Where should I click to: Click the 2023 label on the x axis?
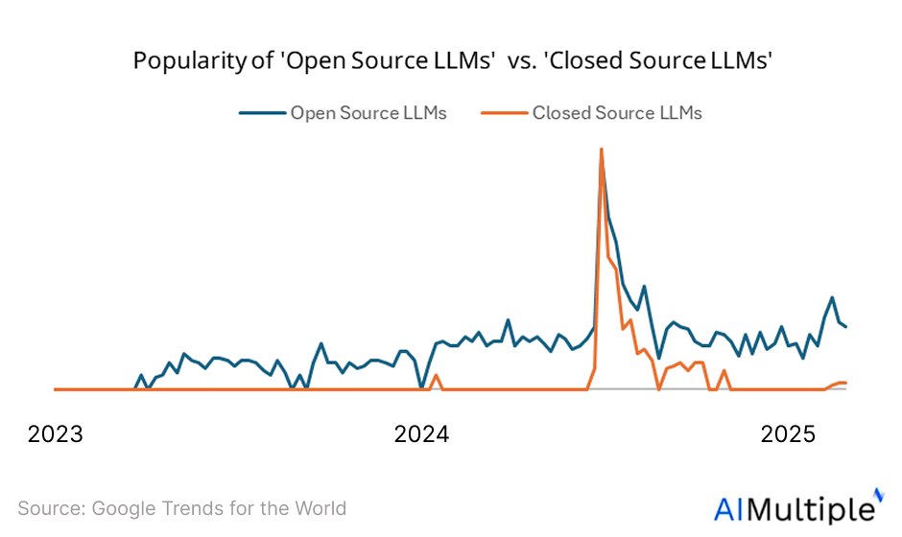[x=55, y=434]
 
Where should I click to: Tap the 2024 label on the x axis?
[x=421, y=434]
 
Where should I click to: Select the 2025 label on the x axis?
[x=788, y=434]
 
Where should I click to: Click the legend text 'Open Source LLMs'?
[x=368, y=113]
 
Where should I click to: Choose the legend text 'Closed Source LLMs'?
[x=617, y=113]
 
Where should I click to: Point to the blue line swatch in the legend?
[x=262, y=113]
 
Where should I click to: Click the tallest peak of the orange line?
[x=601, y=149]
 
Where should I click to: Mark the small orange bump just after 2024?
[x=436, y=375]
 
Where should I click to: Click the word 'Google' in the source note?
[x=123, y=508]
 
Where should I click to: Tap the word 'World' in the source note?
[x=319, y=508]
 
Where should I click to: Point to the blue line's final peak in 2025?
[x=832, y=297]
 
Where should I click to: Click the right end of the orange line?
[x=845, y=383]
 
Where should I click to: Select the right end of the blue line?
[x=845, y=327]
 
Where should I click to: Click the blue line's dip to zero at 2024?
[x=421, y=388]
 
